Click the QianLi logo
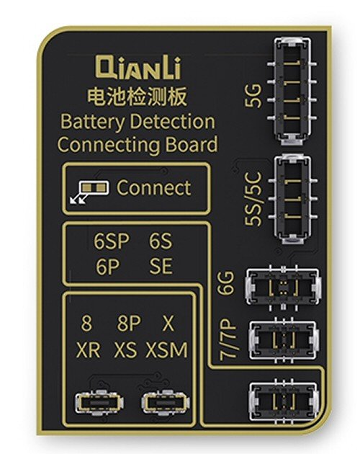coord(138,68)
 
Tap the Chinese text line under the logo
coord(138,97)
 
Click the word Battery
coord(93,122)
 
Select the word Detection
coord(173,121)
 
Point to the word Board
coord(192,144)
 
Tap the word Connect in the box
coord(153,187)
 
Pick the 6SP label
coord(111,241)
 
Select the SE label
coord(161,267)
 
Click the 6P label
coord(107,267)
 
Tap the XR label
coord(88,350)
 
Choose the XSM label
coord(167,350)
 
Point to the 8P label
coord(129,323)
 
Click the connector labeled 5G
coord(292,91)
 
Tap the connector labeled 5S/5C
coord(292,199)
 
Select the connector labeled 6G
coord(283,287)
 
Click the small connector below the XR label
coord(100,403)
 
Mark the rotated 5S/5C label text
coord(253,199)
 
